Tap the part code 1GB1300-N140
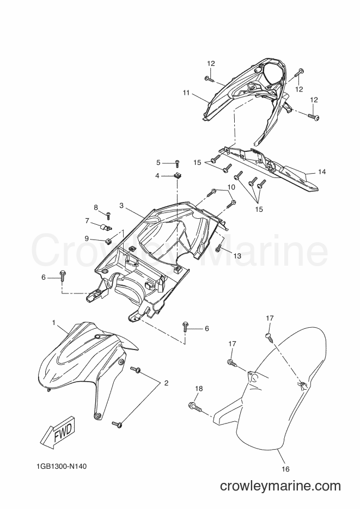click(x=62, y=466)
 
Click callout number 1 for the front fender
click(x=53, y=323)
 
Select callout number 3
click(x=121, y=205)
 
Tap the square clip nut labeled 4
click(x=177, y=176)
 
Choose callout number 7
click(x=87, y=220)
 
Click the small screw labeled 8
click(x=107, y=213)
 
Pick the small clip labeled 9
click(x=109, y=240)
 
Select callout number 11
click(x=186, y=93)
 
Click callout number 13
click(x=237, y=256)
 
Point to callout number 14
click(x=322, y=171)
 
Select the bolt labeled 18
click(x=195, y=406)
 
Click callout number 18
click(x=199, y=389)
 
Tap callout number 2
click(x=166, y=383)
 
